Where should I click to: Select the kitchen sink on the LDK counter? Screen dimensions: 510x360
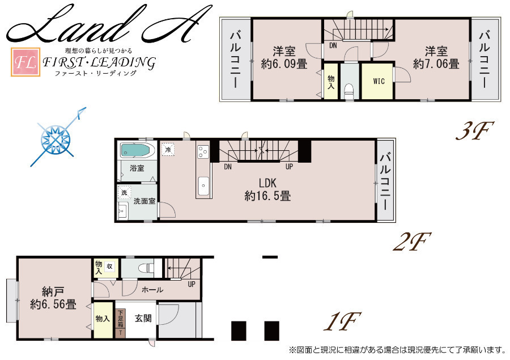point(203,186)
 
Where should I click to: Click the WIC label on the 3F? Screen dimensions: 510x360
point(379,81)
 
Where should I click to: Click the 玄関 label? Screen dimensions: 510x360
point(143,318)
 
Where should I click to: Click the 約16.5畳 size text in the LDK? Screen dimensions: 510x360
point(267,196)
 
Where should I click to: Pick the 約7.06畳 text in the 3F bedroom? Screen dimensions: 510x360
point(436,64)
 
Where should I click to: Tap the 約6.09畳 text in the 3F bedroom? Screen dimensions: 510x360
point(284,64)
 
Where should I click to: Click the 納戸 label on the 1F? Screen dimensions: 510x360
point(53,291)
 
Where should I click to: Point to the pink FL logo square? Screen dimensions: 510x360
point(25,62)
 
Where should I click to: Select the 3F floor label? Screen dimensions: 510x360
point(475,131)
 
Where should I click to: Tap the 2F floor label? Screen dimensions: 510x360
point(412,242)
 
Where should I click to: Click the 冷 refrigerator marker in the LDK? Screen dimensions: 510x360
point(168,150)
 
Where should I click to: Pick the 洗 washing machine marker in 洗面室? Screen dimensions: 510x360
point(124,192)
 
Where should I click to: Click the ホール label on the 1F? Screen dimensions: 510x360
point(152,289)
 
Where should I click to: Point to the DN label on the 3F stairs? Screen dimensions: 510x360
point(333,45)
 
